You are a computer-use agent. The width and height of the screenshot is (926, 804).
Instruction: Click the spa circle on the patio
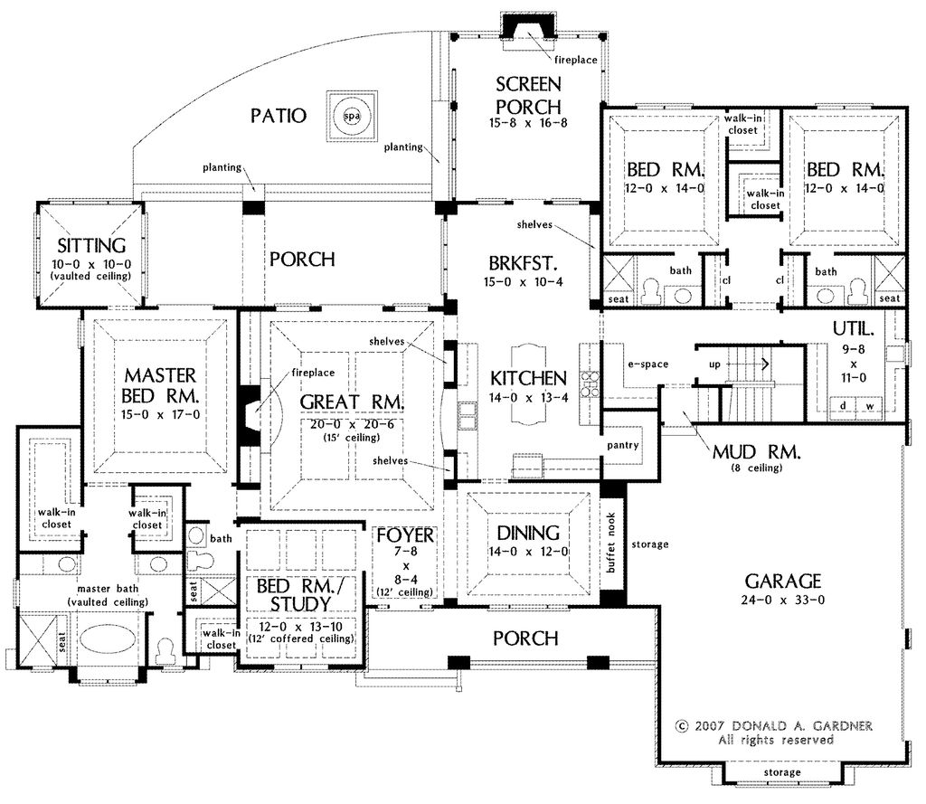pyautogui.click(x=352, y=116)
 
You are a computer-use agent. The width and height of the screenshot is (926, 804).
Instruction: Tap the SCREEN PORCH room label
pyautogui.click(x=528, y=96)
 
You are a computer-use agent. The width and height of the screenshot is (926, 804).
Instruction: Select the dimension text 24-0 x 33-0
pyautogui.click(x=782, y=601)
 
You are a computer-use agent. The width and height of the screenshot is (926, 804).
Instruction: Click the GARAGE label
pyautogui.click(x=783, y=582)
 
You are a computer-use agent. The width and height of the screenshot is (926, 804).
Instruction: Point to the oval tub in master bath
pyautogui.click(x=107, y=639)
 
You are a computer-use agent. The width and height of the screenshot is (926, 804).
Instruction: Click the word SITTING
pyautogui.click(x=91, y=245)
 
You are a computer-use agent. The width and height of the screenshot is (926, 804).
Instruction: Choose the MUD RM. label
pyautogui.click(x=756, y=452)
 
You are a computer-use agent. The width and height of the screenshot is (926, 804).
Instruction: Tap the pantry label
pyautogui.click(x=623, y=446)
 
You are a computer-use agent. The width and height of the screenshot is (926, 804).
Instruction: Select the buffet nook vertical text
pyautogui.click(x=610, y=543)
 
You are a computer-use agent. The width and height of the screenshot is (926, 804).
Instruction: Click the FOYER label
pyautogui.click(x=405, y=535)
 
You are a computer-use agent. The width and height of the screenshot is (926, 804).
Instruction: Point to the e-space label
pyautogui.click(x=647, y=364)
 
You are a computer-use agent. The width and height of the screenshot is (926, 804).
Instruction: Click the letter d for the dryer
pyautogui.click(x=843, y=406)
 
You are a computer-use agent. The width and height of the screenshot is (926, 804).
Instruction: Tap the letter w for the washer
pyautogui.click(x=870, y=406)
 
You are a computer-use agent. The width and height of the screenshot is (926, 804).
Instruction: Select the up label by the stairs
pyautogui.click(x=714, y=364)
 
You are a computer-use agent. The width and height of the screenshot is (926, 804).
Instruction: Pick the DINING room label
pyautogui.click(x=528, y=533)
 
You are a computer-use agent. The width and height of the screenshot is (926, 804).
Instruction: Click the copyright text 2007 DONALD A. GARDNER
pyautogui.click(x=774, y=726)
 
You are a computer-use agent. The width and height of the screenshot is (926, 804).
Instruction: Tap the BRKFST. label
pyautogui.click(x=524, y=262)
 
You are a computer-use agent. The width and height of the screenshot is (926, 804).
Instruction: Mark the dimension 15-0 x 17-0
pyautogui.click(x=160, y=415)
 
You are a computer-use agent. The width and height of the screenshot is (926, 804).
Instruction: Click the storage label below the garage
pyautogui.click(x=782, y=772)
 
